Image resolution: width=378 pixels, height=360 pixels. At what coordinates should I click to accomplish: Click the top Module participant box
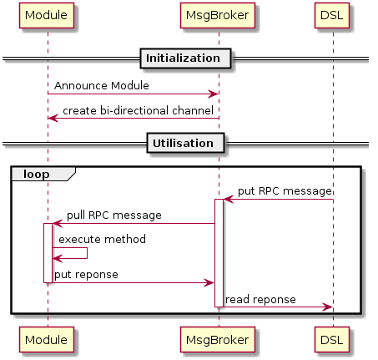47,16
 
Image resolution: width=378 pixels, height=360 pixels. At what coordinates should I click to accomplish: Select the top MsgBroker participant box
218,16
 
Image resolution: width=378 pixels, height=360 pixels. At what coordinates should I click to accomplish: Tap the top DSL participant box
332,16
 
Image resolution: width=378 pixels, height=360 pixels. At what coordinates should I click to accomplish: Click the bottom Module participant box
47,339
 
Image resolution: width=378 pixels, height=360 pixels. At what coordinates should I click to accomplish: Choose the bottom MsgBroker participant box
218,339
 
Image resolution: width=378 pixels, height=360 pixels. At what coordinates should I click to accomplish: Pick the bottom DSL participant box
332,339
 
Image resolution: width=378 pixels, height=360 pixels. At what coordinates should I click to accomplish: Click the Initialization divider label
185,58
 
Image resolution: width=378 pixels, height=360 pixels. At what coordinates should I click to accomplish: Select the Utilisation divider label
185,143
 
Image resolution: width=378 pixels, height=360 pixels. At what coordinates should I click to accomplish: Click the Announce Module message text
102,85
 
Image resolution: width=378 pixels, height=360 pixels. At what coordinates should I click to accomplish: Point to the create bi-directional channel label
138,110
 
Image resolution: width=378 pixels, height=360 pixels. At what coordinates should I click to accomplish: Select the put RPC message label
285,191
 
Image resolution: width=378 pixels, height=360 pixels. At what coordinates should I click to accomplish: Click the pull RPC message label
114,215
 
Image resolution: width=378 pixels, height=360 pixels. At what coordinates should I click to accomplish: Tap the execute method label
102,239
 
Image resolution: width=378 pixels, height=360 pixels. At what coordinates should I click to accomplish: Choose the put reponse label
86,275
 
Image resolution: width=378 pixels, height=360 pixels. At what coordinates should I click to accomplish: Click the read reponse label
260,300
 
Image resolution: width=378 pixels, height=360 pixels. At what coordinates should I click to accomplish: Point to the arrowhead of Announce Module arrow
214,94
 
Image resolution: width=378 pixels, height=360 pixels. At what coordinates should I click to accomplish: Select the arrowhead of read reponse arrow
327,307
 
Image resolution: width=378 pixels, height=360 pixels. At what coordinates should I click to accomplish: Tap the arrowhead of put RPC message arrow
229,200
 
